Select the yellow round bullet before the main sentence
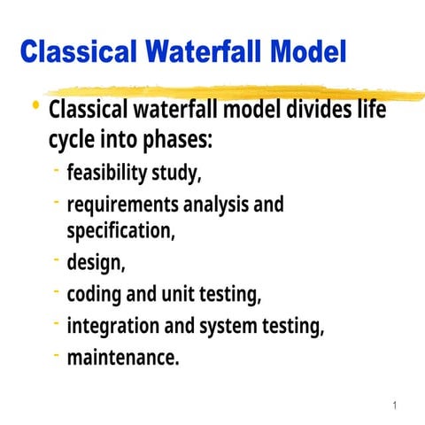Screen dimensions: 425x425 click(x=35, y=107)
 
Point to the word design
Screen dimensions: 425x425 click(x=95, y=263)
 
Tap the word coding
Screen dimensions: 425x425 click(x=95, y=295)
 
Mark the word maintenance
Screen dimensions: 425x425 click(x=122, y=359)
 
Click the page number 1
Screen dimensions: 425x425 click(x=394, y=406)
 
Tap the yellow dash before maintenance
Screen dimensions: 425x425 click(x=56, y=354)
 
